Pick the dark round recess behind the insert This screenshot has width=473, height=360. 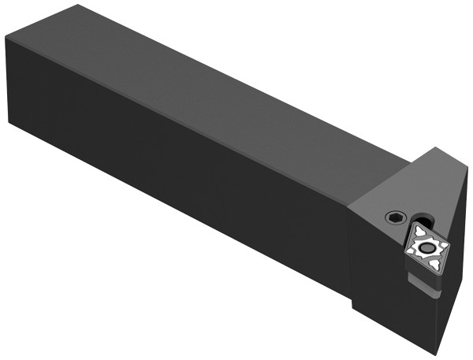click(x=426, y=221)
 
